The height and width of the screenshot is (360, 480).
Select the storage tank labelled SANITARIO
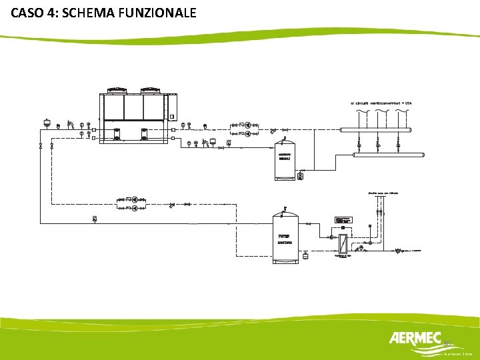(x=286, y=237)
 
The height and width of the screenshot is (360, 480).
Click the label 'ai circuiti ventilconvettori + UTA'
(x=382, y=103)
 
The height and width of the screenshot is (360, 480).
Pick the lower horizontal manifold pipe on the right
(x=388, y=155)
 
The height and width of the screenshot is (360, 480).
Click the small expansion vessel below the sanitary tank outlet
(x=305, y=255)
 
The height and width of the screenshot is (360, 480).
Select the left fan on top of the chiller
(x=118, y=89)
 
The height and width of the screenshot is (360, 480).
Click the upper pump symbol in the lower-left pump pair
(x=135, y=199)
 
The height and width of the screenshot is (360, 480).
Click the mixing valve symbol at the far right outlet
(x=399, y=251)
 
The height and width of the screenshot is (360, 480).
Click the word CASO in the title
(x=27, y=12)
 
